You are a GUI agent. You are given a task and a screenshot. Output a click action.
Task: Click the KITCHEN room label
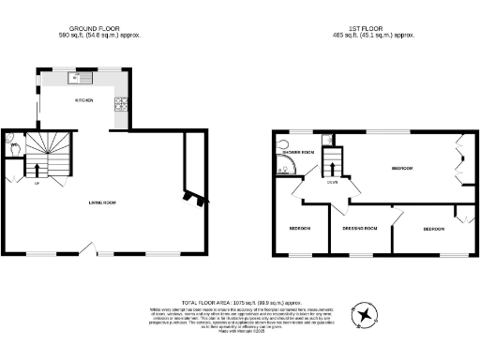(84, 100)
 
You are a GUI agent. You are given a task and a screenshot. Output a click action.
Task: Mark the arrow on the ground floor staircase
(37, 170)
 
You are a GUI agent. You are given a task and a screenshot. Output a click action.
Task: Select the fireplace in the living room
(194, 197)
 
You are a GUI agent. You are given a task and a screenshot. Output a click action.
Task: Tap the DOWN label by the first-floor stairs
(333, 183)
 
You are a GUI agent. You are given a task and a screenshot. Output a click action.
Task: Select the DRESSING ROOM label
(358, 229)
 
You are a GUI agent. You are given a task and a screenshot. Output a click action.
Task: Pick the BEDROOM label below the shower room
(299, 229)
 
